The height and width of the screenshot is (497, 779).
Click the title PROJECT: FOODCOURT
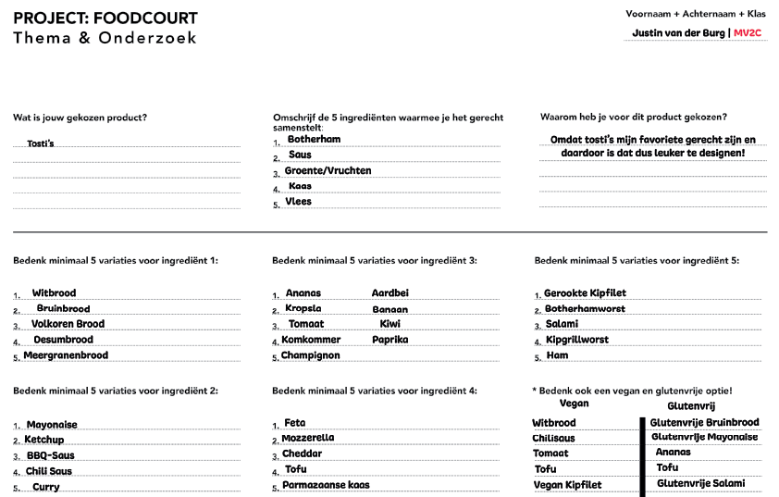point(105,19)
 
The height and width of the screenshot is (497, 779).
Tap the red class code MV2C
point(748,33)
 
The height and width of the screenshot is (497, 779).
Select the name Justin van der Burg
point(679,33)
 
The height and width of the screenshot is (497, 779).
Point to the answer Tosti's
point(41,143)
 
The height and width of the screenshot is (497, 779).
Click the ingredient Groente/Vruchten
point(328,171)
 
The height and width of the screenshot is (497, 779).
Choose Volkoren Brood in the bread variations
point(68,324)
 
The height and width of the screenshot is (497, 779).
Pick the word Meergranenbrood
point(66,355)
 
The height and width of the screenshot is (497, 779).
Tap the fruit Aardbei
point(389,293)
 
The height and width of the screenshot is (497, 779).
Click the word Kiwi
point(389,324)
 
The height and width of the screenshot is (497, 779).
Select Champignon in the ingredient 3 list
point(310,355)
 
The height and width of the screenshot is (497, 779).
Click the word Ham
point(557,355)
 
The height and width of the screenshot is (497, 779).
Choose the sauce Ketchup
point(44,440)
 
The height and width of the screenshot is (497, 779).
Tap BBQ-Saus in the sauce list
point(50,455)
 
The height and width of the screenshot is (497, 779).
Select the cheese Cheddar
point(303,454)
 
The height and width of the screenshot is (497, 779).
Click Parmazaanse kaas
point(326,485)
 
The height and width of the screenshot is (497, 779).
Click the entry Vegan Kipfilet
point(567,485)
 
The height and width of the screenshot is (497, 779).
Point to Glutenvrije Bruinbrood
point(704,423)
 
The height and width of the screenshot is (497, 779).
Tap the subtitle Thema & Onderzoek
point(105,38)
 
